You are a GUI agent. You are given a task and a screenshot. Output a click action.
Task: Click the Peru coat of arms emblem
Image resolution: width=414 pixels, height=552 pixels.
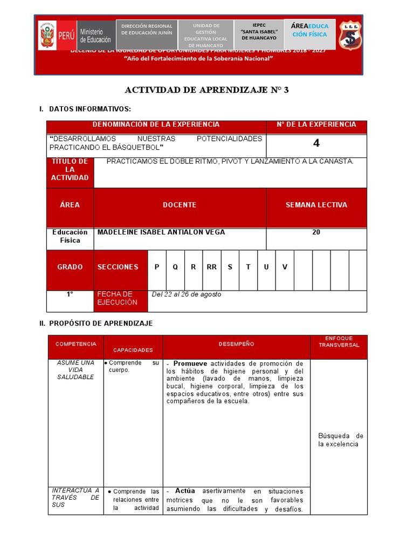(x=47, y=36)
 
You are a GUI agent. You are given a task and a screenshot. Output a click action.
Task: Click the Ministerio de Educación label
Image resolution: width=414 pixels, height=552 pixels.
(x=95, y=36)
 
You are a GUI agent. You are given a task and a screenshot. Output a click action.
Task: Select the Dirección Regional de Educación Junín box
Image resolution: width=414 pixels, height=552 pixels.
(x=147, y=30)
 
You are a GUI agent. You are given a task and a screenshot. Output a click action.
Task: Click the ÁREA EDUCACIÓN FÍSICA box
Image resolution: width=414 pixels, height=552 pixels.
(x=309, y=30)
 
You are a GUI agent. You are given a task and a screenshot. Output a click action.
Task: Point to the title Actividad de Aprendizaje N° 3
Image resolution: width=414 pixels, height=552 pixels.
(x=207, y=90)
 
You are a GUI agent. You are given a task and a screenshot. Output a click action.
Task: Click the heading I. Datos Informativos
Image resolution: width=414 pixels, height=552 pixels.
(x=85, y=109)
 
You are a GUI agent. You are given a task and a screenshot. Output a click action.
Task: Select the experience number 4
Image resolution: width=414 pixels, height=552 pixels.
(x=316, y=143)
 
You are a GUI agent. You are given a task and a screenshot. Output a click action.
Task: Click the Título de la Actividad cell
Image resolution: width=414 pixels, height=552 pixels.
(x=70, y=170)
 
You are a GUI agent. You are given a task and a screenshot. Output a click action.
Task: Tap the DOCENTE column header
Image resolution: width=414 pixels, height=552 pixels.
(x=180, y=205)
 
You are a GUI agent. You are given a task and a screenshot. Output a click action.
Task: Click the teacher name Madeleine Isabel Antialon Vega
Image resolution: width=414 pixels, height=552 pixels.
(x=161, y=232)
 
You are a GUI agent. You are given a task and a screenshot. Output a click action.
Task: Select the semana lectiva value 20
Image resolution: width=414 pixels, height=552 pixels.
(x=316, y=232)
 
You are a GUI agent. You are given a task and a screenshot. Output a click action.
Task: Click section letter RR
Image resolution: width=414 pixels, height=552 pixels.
(x=211, y=267)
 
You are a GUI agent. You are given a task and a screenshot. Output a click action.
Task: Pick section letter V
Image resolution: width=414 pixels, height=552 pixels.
(x=285, y=267)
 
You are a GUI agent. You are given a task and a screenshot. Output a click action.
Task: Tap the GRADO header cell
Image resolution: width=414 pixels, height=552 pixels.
(x=70, y=267)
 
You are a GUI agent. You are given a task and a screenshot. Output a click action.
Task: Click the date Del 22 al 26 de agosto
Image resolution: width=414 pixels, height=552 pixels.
(x=187, y=294)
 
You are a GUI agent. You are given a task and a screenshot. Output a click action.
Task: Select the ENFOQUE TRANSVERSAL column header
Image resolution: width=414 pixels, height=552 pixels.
(x=339, y=342)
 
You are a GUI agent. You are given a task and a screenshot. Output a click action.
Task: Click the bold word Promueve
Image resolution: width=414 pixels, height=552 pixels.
(x=190, y=364)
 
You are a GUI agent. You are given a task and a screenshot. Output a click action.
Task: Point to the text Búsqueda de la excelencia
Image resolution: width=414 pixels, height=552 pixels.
(x=340, y=440)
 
